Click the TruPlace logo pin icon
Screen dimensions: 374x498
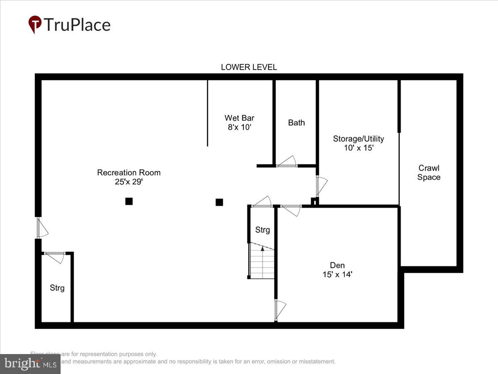[x=35, y=25]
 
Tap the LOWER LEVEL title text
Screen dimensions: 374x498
[x=249, y=67]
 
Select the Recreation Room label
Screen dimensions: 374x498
[x=129, y=172]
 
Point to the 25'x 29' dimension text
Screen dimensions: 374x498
[x=129, y=182]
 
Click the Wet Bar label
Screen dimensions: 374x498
[x=239, y=118]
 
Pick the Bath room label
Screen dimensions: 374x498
[x=296, y=123]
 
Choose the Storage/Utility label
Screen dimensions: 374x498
[x=359, y=139]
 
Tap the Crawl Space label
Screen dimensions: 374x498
[x=429, y=172]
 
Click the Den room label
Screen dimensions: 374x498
[x=337, y=265]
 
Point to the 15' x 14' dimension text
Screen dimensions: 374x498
[x=337, y=274]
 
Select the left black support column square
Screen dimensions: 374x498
[x=129, y=202]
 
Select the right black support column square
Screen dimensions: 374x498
[x=219, y=202]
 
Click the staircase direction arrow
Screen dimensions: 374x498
[x=262, y=249]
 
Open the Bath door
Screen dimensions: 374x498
[x=287, y=162]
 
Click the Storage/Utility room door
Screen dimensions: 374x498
[x=321, y=186]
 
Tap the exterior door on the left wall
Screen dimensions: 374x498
[x=41, y=228]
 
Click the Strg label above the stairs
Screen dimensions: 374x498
[x=262, y=230]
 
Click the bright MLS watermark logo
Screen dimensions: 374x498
[x=30, y=364]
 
